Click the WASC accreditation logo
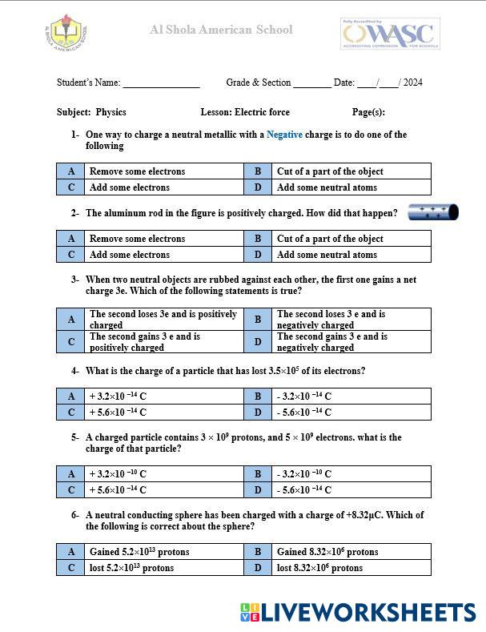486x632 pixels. (390, 34)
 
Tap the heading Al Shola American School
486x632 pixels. (221, 30)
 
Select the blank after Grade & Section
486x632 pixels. (312, 83)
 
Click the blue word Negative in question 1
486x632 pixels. (284, 135)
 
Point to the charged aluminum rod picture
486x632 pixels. (433, 212)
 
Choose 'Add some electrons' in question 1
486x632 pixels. (130, 187)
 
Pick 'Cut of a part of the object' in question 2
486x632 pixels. (330, 239)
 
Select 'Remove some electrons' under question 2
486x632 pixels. (137, 239)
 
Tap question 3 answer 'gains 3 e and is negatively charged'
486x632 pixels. (331, 342)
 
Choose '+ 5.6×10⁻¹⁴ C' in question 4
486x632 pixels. (118, 413)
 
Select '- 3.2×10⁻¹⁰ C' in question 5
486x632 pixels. (304, 474)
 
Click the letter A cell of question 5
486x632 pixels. (71, 474)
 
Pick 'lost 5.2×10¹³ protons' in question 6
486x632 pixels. (131, 568)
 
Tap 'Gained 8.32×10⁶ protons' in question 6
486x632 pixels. (327, 552)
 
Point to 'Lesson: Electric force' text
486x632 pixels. (245, 112)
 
